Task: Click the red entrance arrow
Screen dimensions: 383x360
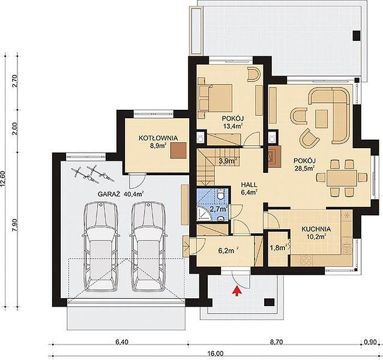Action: click(237, 291)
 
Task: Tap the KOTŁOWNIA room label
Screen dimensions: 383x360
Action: click(158, 138)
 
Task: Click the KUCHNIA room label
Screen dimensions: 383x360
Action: click(316, 229)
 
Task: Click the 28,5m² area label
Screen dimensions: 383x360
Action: click(304, 169)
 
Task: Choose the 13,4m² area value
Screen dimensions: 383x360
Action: click(232, 126)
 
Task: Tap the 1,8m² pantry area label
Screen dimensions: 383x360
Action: click(279, 248)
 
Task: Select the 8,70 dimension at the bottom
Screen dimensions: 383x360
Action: click(276, 342)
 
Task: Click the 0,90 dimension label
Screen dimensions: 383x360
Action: click(370, 342)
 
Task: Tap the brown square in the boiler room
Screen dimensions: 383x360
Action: click(179, 151)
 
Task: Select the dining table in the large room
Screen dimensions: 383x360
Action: click(342, 178)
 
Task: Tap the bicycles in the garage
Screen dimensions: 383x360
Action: click(93, 175)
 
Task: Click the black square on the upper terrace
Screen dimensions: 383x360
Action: click(357, 35)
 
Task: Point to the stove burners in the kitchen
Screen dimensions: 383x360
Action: click(306, 260)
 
